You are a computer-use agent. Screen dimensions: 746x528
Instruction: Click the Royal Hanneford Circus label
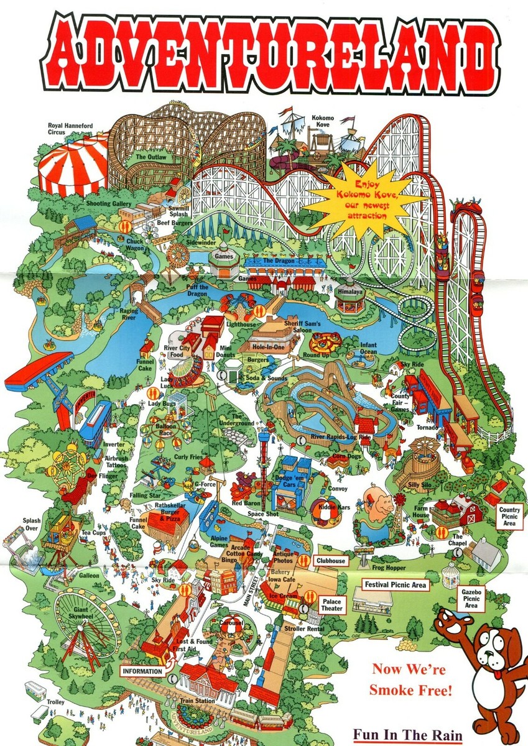[70, 129]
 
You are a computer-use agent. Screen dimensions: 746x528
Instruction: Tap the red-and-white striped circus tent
[72, 164]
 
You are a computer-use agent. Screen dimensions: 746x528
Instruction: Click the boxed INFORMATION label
[143, 671]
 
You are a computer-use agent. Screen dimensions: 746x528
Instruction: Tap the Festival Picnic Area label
[395, 585]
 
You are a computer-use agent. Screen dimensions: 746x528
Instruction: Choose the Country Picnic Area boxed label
[509, 515]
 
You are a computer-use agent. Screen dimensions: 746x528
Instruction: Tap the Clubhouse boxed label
[330, 560]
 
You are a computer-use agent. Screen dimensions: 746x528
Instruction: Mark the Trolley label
[55, 702]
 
